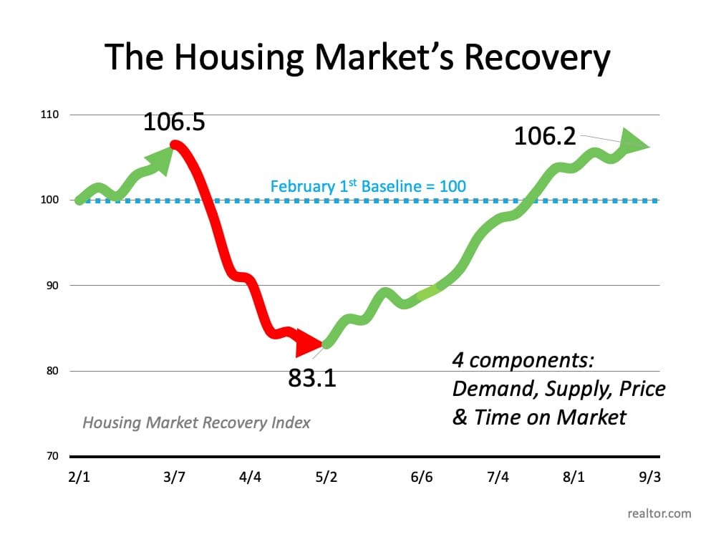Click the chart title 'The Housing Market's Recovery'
(357, 57)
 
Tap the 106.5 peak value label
(174, 121)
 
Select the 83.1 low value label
(312, 377)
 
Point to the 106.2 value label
(545, 135)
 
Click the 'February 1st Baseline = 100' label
(368, 187)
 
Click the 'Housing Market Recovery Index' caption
(196, 422)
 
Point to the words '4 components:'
(523, 360)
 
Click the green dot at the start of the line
(79, 200)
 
